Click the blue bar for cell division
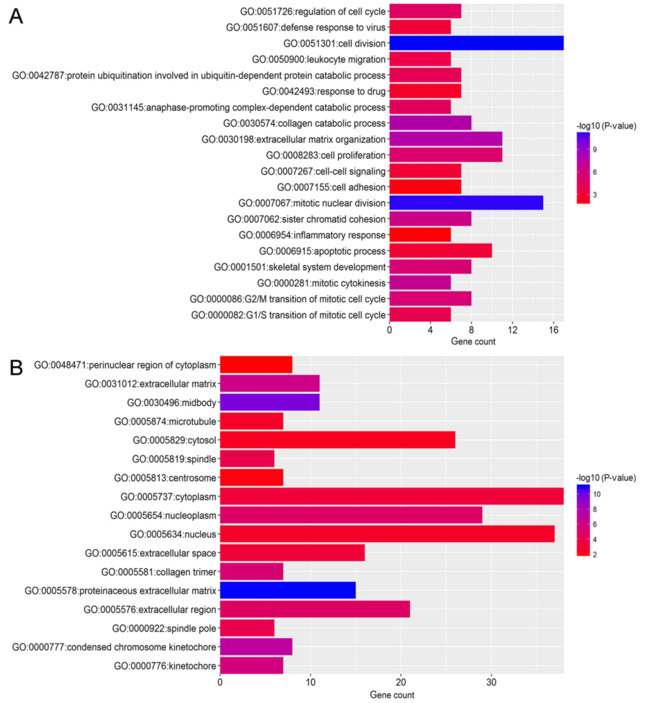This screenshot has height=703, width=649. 476,43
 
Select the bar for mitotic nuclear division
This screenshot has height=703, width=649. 466,203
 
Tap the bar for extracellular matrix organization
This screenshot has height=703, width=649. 445,139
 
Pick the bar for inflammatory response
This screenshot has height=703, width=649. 420,235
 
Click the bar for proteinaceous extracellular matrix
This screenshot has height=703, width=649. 288,591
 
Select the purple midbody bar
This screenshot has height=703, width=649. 269,402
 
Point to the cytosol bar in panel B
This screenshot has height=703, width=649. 337,440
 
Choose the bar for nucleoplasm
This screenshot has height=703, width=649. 351,515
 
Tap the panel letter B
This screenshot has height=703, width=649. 16,368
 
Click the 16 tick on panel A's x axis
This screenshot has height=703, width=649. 553,330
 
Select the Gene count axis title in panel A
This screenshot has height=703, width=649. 473,342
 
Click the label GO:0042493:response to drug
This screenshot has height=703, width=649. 323,91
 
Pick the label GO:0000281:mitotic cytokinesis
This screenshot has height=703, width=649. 321,283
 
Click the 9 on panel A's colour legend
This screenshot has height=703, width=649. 595,150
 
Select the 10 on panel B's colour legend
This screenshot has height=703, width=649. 596,494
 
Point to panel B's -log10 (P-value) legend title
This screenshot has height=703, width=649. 606,478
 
